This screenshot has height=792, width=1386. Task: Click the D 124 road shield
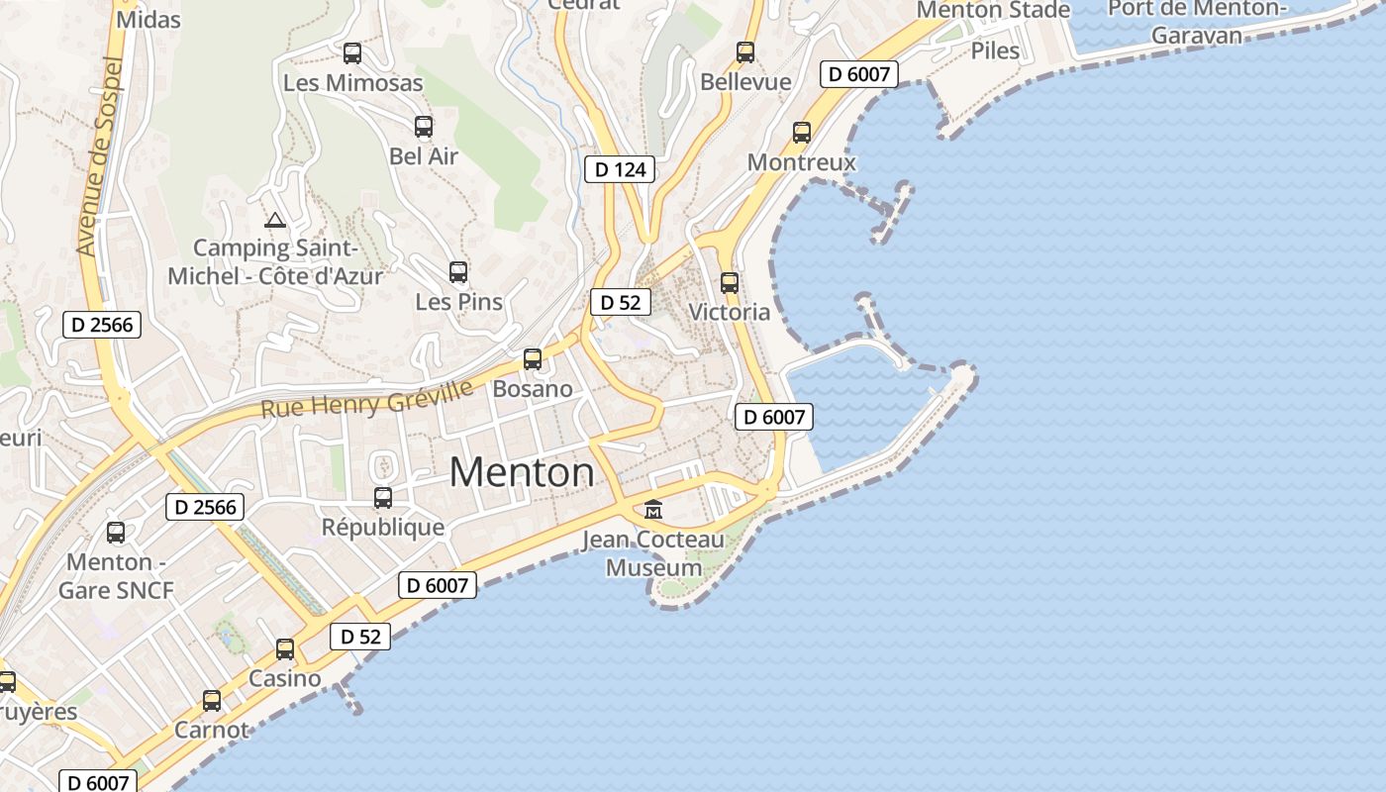point(621,169)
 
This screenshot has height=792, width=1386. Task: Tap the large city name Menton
point(522,472)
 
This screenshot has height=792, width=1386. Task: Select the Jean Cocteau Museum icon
point(653,510)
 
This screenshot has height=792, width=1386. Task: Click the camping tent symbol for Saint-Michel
point(275,220)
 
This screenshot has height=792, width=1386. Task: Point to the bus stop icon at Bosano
point(533,359)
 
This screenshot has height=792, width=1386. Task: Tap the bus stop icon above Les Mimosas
point(352,53)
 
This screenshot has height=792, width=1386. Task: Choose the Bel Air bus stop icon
point(424,127)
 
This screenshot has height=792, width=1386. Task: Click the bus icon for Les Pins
point(457,272)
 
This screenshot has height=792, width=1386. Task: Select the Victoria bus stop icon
point(730,283)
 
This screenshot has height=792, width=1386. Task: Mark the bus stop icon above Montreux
point(802,133)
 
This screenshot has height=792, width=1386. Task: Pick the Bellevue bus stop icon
point(745,52)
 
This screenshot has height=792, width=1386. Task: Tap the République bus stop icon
point(383,498)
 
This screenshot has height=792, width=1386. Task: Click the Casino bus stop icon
point(285,649)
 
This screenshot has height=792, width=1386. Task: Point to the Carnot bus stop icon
point(212,701)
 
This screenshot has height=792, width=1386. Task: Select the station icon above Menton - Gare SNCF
point(116,533)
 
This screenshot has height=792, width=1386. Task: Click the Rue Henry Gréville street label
point(367,398)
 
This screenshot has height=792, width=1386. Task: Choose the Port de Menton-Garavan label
point(1197,21)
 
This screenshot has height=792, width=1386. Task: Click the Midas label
point(148,20)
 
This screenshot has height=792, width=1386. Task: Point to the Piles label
point(995,50)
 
